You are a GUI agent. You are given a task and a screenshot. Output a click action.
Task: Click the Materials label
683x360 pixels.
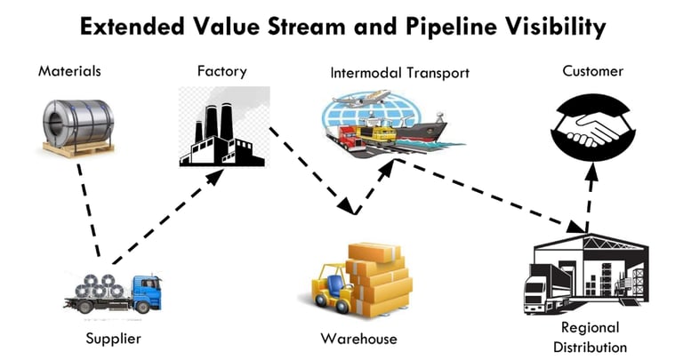pos(69,70)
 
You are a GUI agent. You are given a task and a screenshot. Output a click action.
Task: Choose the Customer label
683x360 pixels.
pos(593,70)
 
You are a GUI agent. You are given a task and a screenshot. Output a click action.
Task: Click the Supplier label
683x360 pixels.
pos(113,338)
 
